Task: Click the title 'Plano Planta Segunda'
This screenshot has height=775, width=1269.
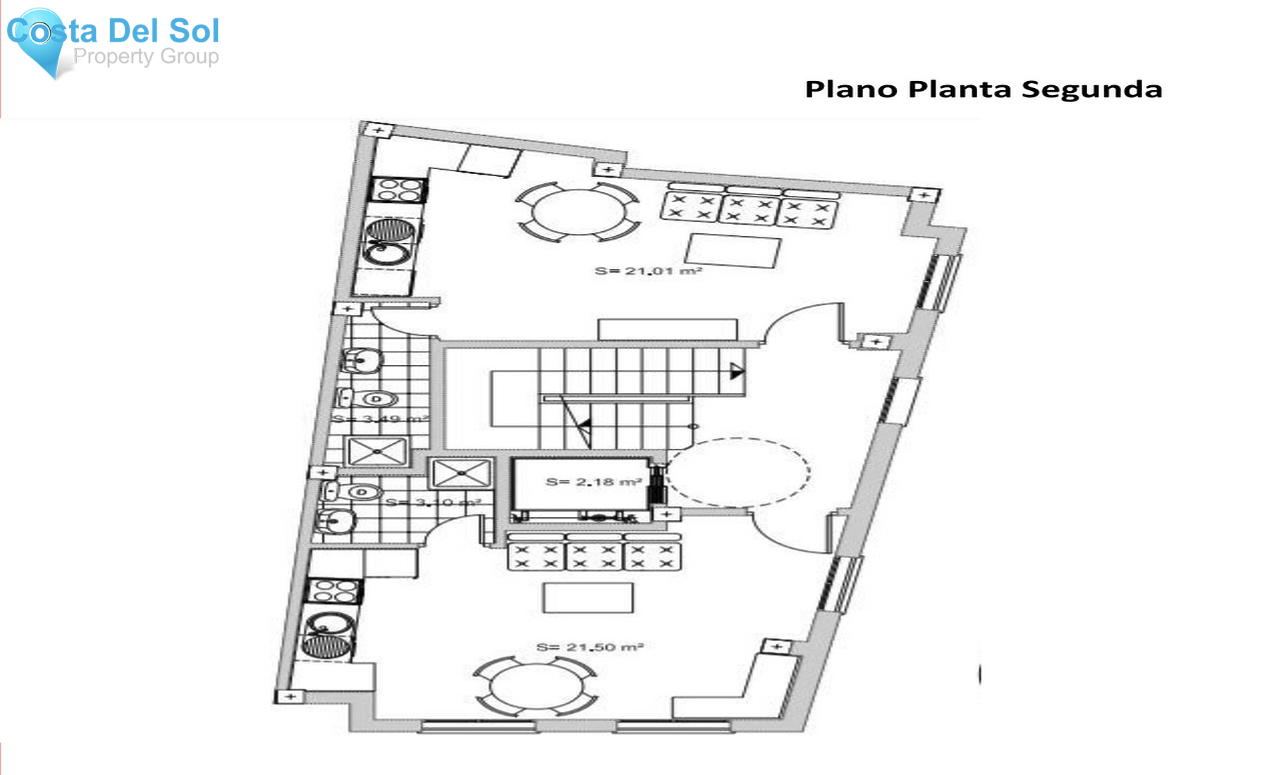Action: tap(983, 89)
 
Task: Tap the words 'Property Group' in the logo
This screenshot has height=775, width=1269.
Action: tap(146, 56)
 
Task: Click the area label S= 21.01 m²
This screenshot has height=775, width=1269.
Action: tap(648, 271)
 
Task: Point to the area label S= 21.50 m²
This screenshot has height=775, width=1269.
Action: tap(589, 647)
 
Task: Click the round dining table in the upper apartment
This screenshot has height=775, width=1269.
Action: tap(578, 211)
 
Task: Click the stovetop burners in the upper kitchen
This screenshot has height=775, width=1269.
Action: tap(398, 190)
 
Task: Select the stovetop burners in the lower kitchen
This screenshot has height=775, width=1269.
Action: tap(333, 590)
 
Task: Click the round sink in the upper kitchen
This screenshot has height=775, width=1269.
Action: tap(386, 253)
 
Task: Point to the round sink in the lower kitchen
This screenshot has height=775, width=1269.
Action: tap(325, 625)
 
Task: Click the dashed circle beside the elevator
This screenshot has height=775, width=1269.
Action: tap(737, 471)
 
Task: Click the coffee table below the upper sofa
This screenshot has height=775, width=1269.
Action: tap(733, 251)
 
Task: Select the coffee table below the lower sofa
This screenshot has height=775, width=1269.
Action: tap(587, 598)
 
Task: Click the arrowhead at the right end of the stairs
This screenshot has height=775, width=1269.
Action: tap(736, 371)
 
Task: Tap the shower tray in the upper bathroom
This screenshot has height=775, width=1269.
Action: tap(377, 451)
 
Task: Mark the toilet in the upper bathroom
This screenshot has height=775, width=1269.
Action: tap(374, 399)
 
